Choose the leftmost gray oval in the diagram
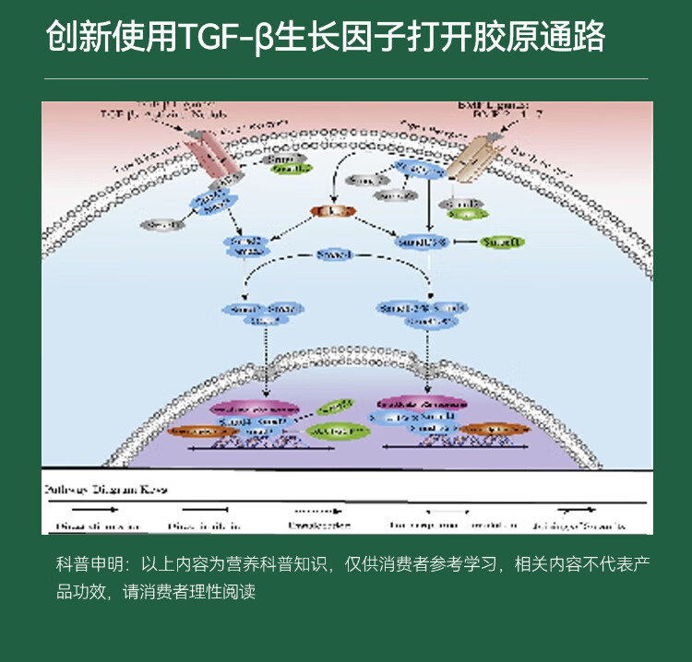point(161,224)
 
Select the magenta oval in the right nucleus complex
point(420,402)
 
